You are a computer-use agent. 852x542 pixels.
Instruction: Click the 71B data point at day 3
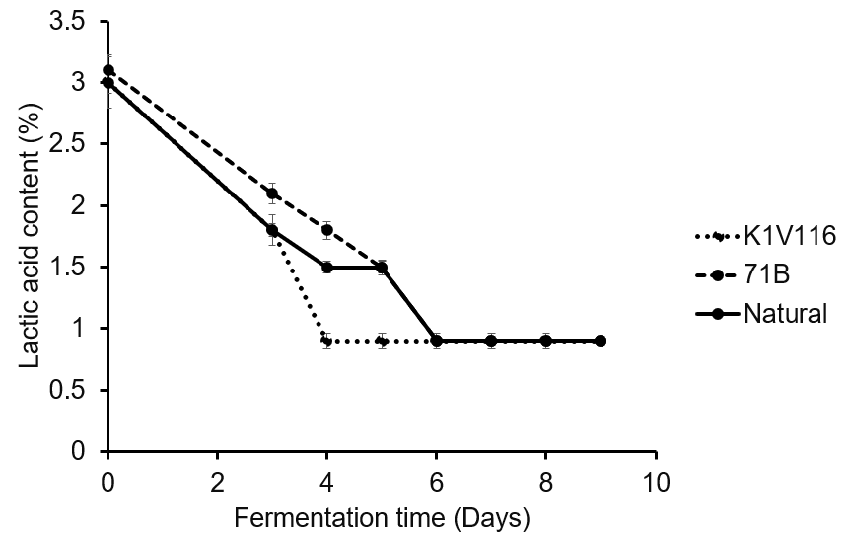tap(272, 194)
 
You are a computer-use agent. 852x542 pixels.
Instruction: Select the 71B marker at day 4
tap(326, 230)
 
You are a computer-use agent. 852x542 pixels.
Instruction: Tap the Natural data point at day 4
tap(326, 267)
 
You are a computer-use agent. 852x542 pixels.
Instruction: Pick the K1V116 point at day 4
tap(326, 341)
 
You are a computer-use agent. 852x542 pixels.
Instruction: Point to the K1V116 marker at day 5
tap(382, 341)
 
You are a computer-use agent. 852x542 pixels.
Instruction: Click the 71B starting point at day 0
tap(108, 70)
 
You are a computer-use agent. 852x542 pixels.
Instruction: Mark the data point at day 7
tap(491, 341)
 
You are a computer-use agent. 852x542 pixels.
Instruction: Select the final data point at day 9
tap(601, 341)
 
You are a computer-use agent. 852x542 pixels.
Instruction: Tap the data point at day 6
tap(437, 341)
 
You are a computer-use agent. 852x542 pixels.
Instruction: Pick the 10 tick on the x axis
tap(656, 483)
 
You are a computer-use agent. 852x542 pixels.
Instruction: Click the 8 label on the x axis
tap(546, 483)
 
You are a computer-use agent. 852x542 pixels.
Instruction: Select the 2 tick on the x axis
tap(218, 483)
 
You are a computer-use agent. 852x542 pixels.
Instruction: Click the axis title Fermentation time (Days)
tap(382, 517)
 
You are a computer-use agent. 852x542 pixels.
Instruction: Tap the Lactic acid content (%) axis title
tap(31, 236)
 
